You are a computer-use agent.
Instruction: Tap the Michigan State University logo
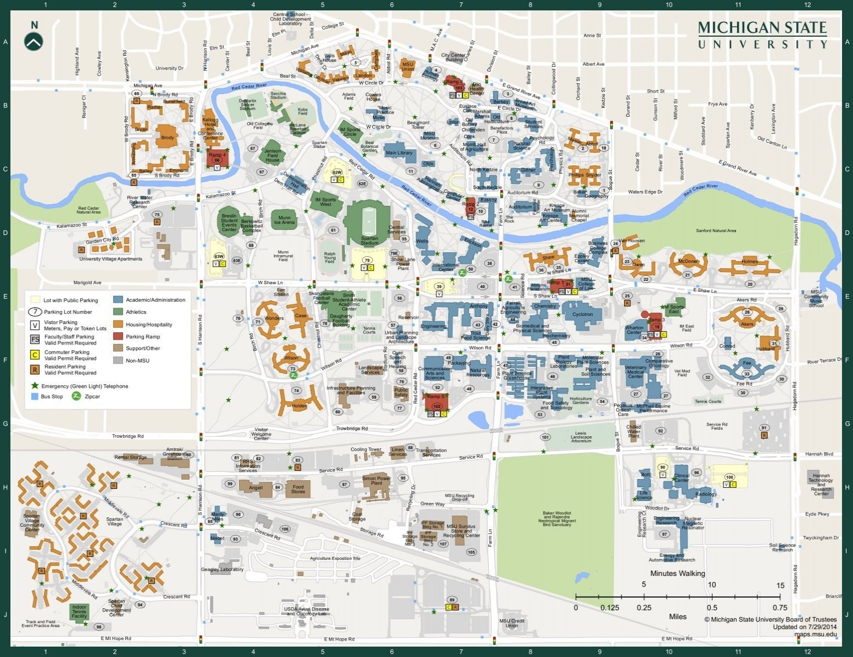(x=762, y=35)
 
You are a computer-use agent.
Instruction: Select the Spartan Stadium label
(x=369, y=240)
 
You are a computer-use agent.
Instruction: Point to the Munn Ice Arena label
(x=284, y=220)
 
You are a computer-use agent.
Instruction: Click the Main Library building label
(x=399, y=153)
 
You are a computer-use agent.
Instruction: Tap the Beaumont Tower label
(x=418, y=125)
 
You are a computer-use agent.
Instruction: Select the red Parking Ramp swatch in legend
(x=118, y=337)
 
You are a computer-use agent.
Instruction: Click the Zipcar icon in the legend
(x=76, y=396)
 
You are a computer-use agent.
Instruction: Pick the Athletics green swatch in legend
(x=118, y=312)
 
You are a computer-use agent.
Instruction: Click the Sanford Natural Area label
(x=716, y=230)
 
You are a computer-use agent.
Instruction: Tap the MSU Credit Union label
(x=512, y=623)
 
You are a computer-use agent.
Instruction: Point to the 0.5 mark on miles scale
(x=711, y=608)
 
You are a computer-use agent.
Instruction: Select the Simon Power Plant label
(x=376, y=481)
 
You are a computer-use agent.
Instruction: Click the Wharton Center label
(x=634, y=330)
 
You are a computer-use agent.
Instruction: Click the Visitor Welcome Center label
(x=261, y=434)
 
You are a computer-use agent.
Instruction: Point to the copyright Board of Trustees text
(x=770, y=620)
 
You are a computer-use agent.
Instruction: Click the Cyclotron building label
(x=582, y=314)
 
